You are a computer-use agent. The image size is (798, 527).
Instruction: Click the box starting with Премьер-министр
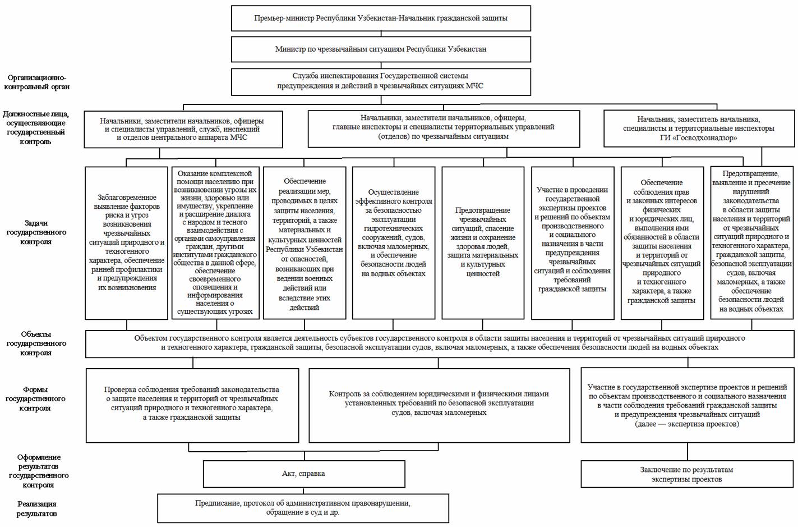click(x=381, y=18)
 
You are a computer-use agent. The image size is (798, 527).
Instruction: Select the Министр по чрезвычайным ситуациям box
click(x=381, y=49)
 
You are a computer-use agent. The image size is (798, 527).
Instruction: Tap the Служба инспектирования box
click(x=381, y=81)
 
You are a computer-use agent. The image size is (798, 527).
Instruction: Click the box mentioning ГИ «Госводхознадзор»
click(x=699, y=129)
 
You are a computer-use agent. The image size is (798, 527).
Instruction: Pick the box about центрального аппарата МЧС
click(x=183, y=130)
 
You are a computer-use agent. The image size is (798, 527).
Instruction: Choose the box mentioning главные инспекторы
click(x=444, y=129)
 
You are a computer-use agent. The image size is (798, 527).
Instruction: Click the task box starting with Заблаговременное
click(x=127, y=243)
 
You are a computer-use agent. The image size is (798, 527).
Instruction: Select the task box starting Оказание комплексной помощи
click(x=215, y=243)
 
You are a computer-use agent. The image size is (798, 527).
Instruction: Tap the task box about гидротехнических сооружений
click(x=393, y=243)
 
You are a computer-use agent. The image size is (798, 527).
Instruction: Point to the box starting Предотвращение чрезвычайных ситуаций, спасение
click(x=483, y=243)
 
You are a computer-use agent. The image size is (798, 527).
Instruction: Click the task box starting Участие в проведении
click(x=573, y=243)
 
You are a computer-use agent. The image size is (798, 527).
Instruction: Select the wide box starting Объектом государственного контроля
click(x=440, y=343)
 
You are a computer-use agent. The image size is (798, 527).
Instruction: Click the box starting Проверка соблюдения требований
click(x=192, y=405)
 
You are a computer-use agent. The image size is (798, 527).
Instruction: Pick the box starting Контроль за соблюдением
click(x=439, y=405)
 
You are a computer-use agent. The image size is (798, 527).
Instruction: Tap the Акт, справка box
click(x=304, y=474)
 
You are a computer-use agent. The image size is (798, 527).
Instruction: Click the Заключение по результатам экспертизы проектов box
click(x=687, y=474)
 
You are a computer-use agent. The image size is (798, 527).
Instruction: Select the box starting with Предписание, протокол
click(x=303, y=508)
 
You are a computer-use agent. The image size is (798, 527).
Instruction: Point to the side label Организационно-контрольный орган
click(x=36, y=82)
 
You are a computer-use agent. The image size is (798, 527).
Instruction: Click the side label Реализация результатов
click(x=36, y=509)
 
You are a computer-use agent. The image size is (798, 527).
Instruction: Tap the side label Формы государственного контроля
click(x=35, y=398)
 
